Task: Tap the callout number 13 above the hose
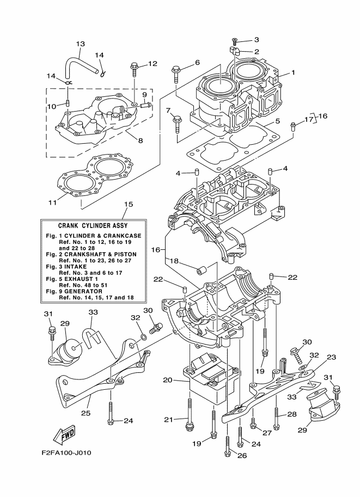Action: pos(81,44)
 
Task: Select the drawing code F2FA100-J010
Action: pos(66,452)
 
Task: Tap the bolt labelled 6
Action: pos(176,72)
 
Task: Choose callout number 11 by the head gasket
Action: pos(52,203)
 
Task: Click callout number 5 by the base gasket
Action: pos(277,121)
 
